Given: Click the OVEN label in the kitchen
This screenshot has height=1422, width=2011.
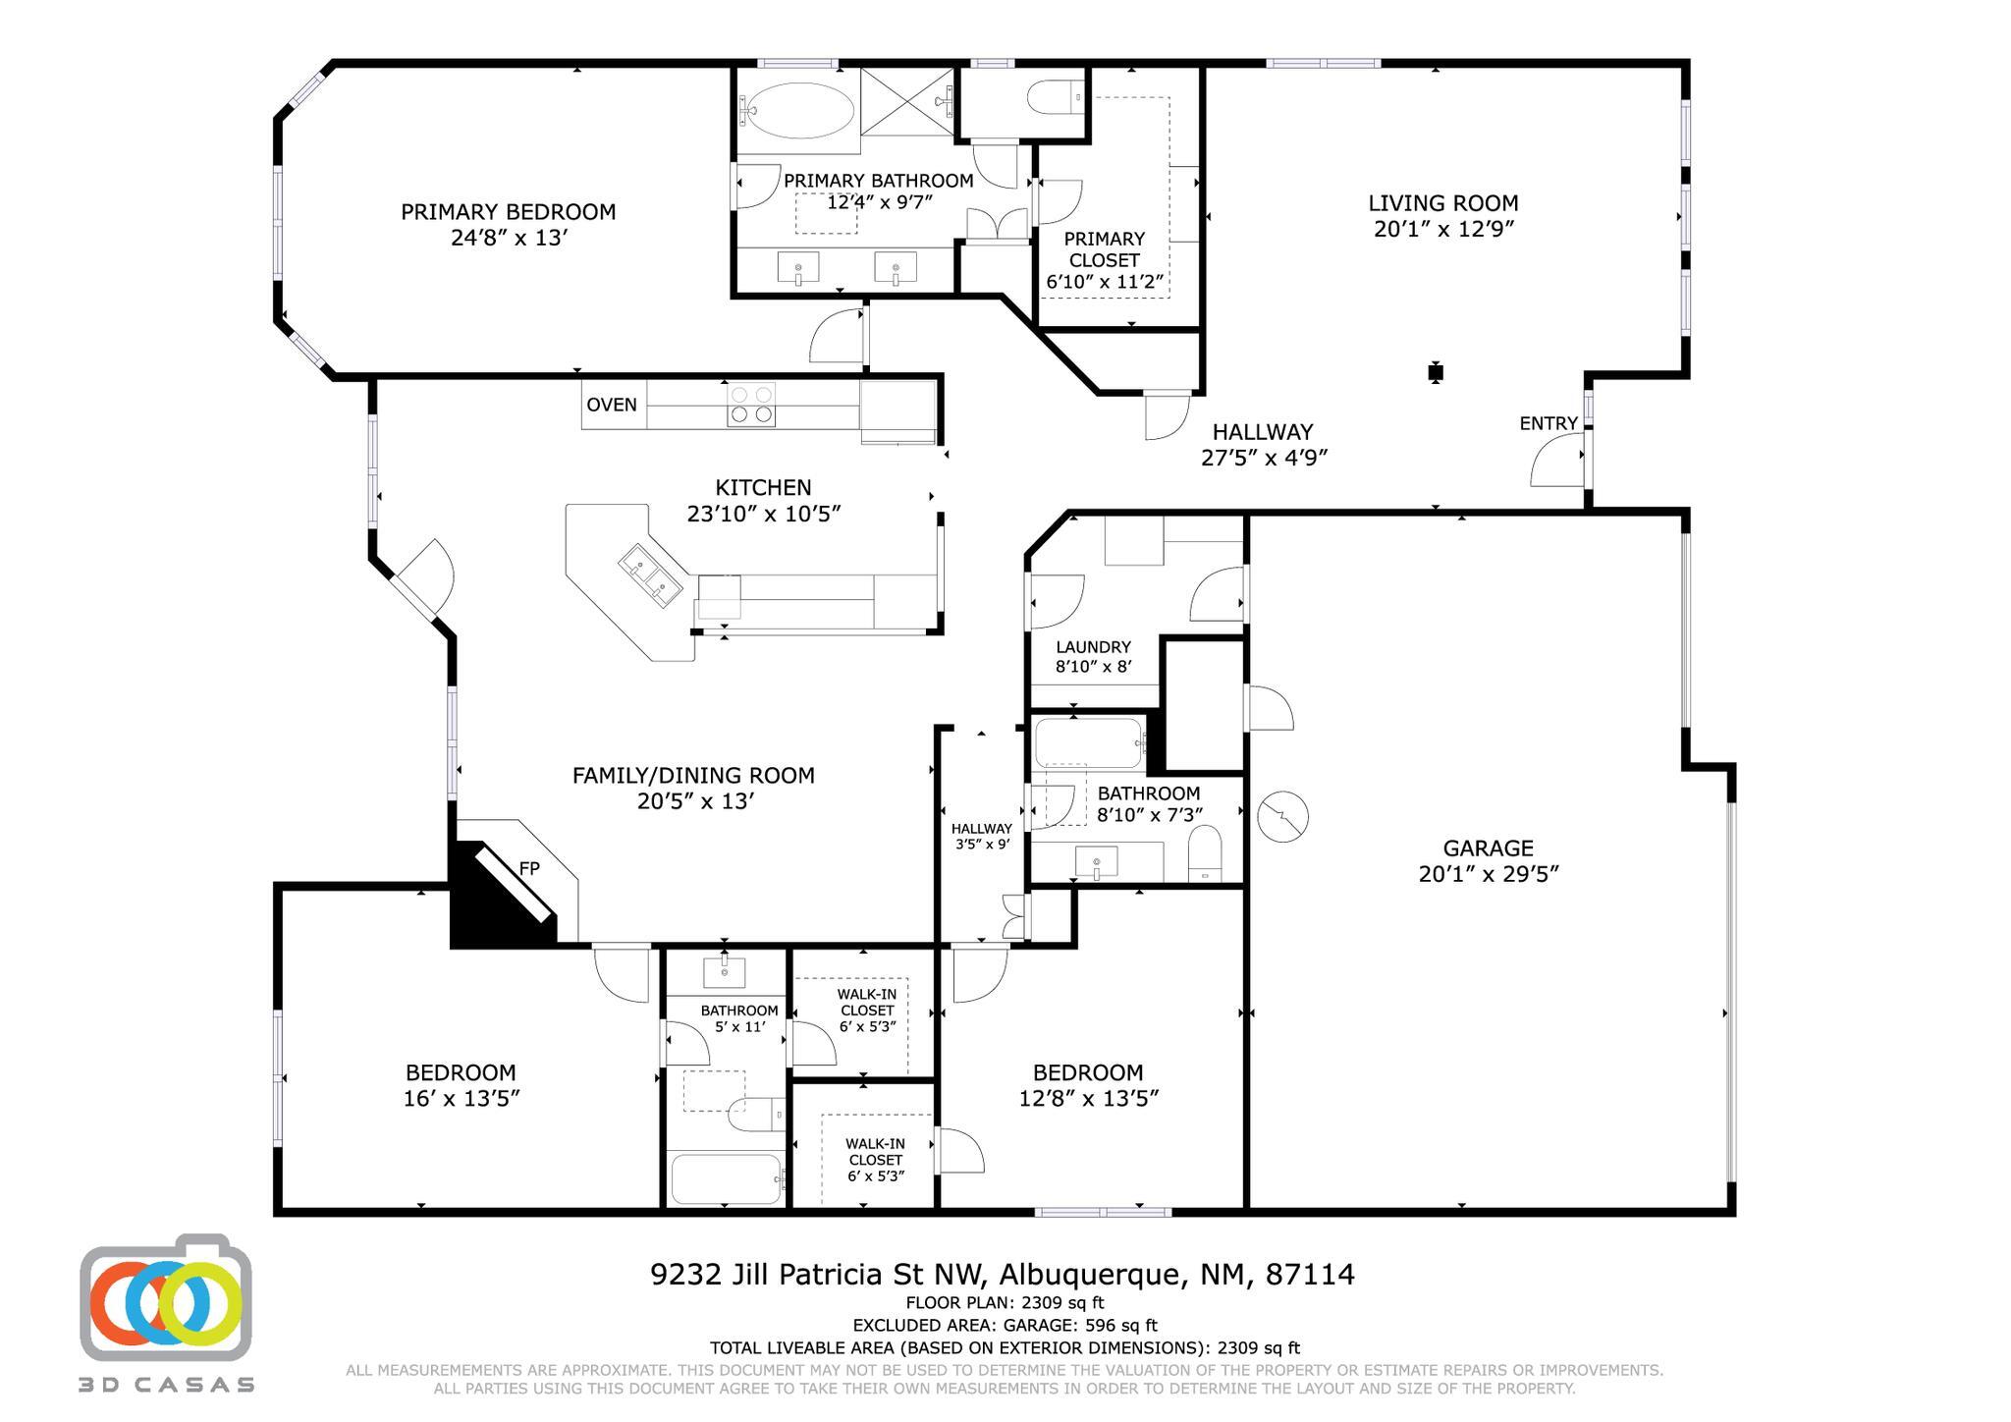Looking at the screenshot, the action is [x=611, y=405].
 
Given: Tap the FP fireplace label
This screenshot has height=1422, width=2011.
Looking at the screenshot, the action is [x=529, y=868].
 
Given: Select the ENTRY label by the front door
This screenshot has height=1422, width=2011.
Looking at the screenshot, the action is [x=1549, y=423].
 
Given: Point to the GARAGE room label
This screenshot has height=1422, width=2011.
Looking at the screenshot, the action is [x=1488, y=848].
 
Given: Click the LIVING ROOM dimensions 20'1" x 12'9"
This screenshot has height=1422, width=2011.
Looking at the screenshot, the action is [x=1443, y=229].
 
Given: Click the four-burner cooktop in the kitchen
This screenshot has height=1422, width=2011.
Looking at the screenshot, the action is [x=751, y=405].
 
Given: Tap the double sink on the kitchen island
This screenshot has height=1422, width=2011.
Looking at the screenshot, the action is [x=650, y=574].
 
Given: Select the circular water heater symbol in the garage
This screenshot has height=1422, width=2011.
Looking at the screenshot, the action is [x=1282, y=815].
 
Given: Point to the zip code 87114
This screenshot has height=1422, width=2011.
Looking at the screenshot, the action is [x=1310, y=1275].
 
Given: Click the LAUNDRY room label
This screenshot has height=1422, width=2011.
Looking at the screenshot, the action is [x=1093, y=647].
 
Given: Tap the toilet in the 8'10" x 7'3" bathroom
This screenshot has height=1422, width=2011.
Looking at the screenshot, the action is [x=1204, y=853].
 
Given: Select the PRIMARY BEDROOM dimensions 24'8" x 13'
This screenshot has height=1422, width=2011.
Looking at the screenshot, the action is [x=509, y=238].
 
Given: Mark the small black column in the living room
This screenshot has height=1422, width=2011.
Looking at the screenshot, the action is [x=1436, y=372].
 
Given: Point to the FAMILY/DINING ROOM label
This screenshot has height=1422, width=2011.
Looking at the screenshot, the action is [x=693, y=776].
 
